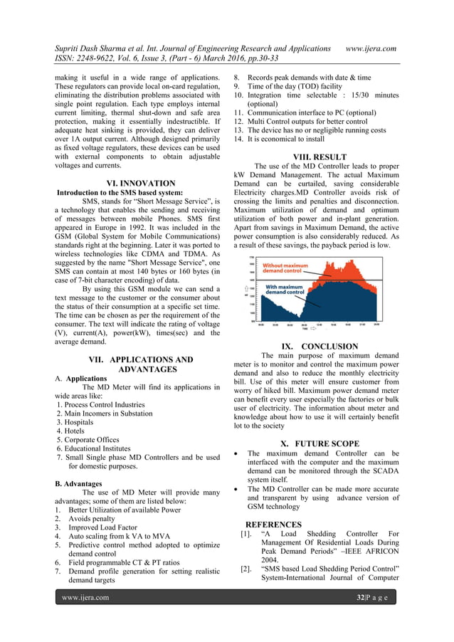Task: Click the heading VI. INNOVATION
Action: pyautogui.click(x=139, y=183)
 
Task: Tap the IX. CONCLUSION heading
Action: pyautogui.click(x=320, y=347)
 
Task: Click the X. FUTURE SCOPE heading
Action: pyautogui.click(x=320, y=443)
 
